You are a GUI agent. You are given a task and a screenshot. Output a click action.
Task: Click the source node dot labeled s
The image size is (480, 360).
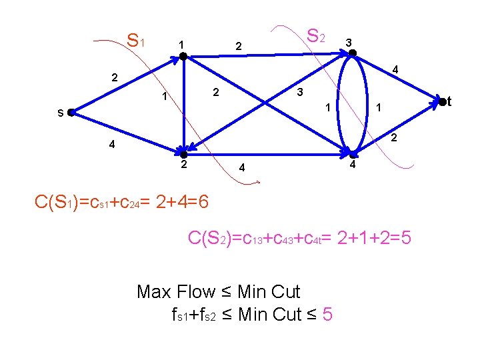coord(71,113)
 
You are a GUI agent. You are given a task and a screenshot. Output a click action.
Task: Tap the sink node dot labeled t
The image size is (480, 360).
coord(441,102)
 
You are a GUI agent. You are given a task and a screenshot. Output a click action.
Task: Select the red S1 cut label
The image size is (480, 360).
coord(137,41)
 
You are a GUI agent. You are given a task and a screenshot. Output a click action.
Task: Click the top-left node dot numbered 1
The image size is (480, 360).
coord(183,57)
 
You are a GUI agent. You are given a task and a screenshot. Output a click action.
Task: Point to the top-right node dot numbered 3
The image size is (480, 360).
coord(353,53)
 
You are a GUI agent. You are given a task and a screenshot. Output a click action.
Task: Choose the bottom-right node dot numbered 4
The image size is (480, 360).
coord(353,153)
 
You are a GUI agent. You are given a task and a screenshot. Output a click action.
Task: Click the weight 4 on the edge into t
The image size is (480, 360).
coord(395,69)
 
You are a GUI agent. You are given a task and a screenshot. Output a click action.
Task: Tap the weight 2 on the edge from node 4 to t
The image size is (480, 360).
coord(394,138)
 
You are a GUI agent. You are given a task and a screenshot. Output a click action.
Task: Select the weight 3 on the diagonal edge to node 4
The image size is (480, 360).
coord(301,91)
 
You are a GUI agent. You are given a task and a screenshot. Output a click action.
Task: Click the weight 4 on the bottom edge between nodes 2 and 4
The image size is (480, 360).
coord(243,169)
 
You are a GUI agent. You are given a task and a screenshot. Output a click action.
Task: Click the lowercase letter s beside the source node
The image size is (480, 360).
coord(60,113)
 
